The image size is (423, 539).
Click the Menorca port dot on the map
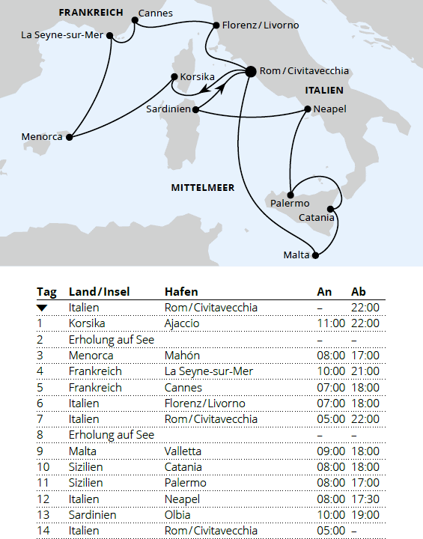point(70,137)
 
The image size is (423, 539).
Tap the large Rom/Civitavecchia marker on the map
point(250,72)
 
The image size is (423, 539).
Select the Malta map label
point(296,255)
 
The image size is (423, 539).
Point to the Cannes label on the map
point(156,13)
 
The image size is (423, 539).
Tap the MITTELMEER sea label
point(203,187)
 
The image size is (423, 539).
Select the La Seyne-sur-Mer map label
point(61,34)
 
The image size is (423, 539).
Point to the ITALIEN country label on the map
point(323,91)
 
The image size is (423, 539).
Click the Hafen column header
point(181,292)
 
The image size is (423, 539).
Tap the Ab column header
point(359,292)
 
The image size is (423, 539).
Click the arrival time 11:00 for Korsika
point(329,323)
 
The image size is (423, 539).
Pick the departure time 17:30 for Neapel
point(365,499)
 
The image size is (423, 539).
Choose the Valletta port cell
point(183,451)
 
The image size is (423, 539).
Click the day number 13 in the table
point(43,514)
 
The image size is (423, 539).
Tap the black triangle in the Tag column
point(42,308)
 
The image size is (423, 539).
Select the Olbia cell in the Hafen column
point(177,514)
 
